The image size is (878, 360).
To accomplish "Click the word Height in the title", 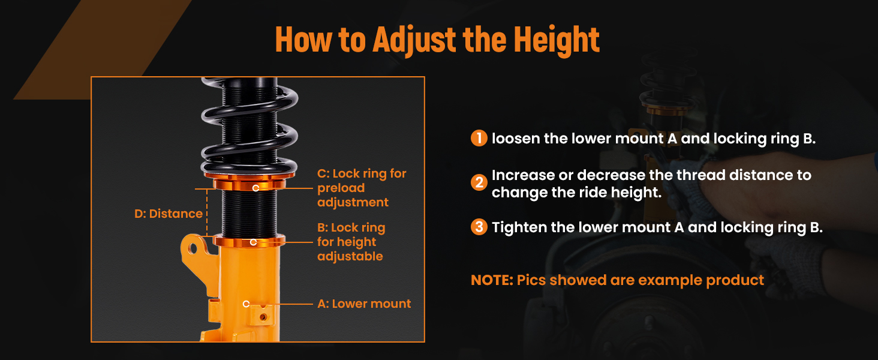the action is tap(556, 40).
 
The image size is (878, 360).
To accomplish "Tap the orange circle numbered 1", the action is tap(479, 138).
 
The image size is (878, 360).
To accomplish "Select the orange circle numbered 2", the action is tap(479, 182).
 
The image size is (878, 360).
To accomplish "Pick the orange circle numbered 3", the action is tap(479, 227).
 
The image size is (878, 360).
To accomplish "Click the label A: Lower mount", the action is tap(364, 304).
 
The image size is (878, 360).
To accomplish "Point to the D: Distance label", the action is tap(169, 214).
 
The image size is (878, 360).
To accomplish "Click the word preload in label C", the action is tap(341, 188).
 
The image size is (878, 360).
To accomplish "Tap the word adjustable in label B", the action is tap(350, 256).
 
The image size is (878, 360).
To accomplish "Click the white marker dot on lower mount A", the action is tap(246, 304).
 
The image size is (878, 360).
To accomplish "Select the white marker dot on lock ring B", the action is tap(253, 242).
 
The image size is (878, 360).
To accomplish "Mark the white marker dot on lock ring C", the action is tap(255, 188).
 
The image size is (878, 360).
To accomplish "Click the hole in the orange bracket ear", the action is tap(193, 248).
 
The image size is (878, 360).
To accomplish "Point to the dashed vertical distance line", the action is tap(207, 212).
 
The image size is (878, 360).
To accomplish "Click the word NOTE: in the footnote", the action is tap(492, 280).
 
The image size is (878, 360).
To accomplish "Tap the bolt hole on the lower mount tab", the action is tap(263, 317).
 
